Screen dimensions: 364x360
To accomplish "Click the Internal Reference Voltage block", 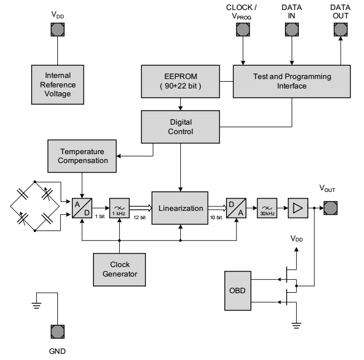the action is tap(57, 85).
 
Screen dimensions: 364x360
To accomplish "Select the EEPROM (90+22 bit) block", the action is tap(180, 81).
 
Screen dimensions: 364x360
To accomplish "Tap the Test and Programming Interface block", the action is tap(292, 81).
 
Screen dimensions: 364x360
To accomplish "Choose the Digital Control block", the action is tap(180, 127).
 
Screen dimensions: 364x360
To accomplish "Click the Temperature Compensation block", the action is tap(82, 156).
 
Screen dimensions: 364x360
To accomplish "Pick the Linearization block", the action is tap(180, 208).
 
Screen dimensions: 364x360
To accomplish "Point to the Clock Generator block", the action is tap(119, 269).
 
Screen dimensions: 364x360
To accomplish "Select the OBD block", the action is tap(238, 290).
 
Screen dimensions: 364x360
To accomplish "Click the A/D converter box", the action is tap(82, 208).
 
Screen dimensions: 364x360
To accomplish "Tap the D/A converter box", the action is tap(236, 208).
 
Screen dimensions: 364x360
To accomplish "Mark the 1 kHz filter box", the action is tap(119, 208).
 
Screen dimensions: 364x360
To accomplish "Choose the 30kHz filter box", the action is tap(267, 208).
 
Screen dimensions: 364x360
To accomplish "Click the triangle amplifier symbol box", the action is tap(298, 208).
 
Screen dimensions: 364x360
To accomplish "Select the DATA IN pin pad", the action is tap(292, 29).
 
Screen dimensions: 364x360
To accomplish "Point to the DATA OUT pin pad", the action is tap(341, 29).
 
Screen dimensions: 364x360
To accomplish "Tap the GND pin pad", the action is tap(57, 332).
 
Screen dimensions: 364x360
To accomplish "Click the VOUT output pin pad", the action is tap(331, 208).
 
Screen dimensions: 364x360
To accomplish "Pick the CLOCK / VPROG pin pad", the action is tap(243, 29).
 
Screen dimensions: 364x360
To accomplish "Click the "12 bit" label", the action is tap(140, 218).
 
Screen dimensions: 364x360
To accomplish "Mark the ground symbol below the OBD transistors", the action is tap(297, 326).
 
